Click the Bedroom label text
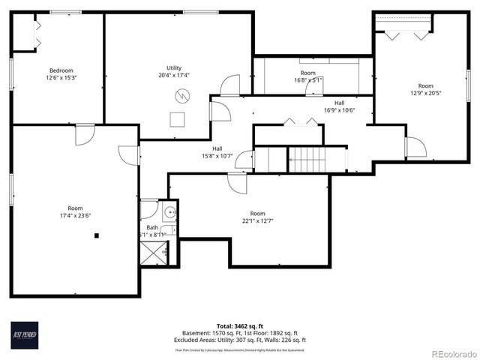click(x=61, y=70)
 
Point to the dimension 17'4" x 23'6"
click(x=75, y=215)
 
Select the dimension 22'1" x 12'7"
click(x=257, y=220)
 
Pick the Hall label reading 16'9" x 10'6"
click(x=339, y=110)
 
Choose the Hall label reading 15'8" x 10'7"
click(x=217, y=156)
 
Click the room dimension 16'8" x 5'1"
click(x=307, y=79)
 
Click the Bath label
click(x=152, y=227)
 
